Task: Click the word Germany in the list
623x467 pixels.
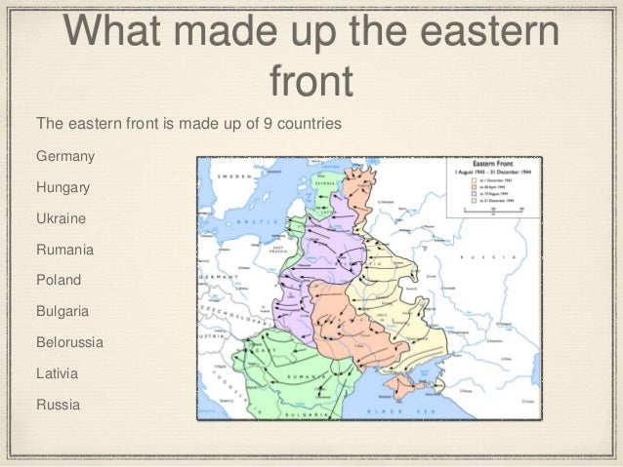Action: [x=66, y=156]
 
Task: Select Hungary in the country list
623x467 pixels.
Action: [x=63, y=187]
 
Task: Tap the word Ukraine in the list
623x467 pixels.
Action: [x=61, y=218]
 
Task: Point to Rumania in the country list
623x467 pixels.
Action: [x=64, y=250]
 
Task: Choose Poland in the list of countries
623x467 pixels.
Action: [x=59, y=280]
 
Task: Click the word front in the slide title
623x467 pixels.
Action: [x=311, y=82]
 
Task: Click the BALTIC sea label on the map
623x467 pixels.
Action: [x=257, y=220]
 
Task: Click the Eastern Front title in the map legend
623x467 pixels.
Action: [x=492, y=166]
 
